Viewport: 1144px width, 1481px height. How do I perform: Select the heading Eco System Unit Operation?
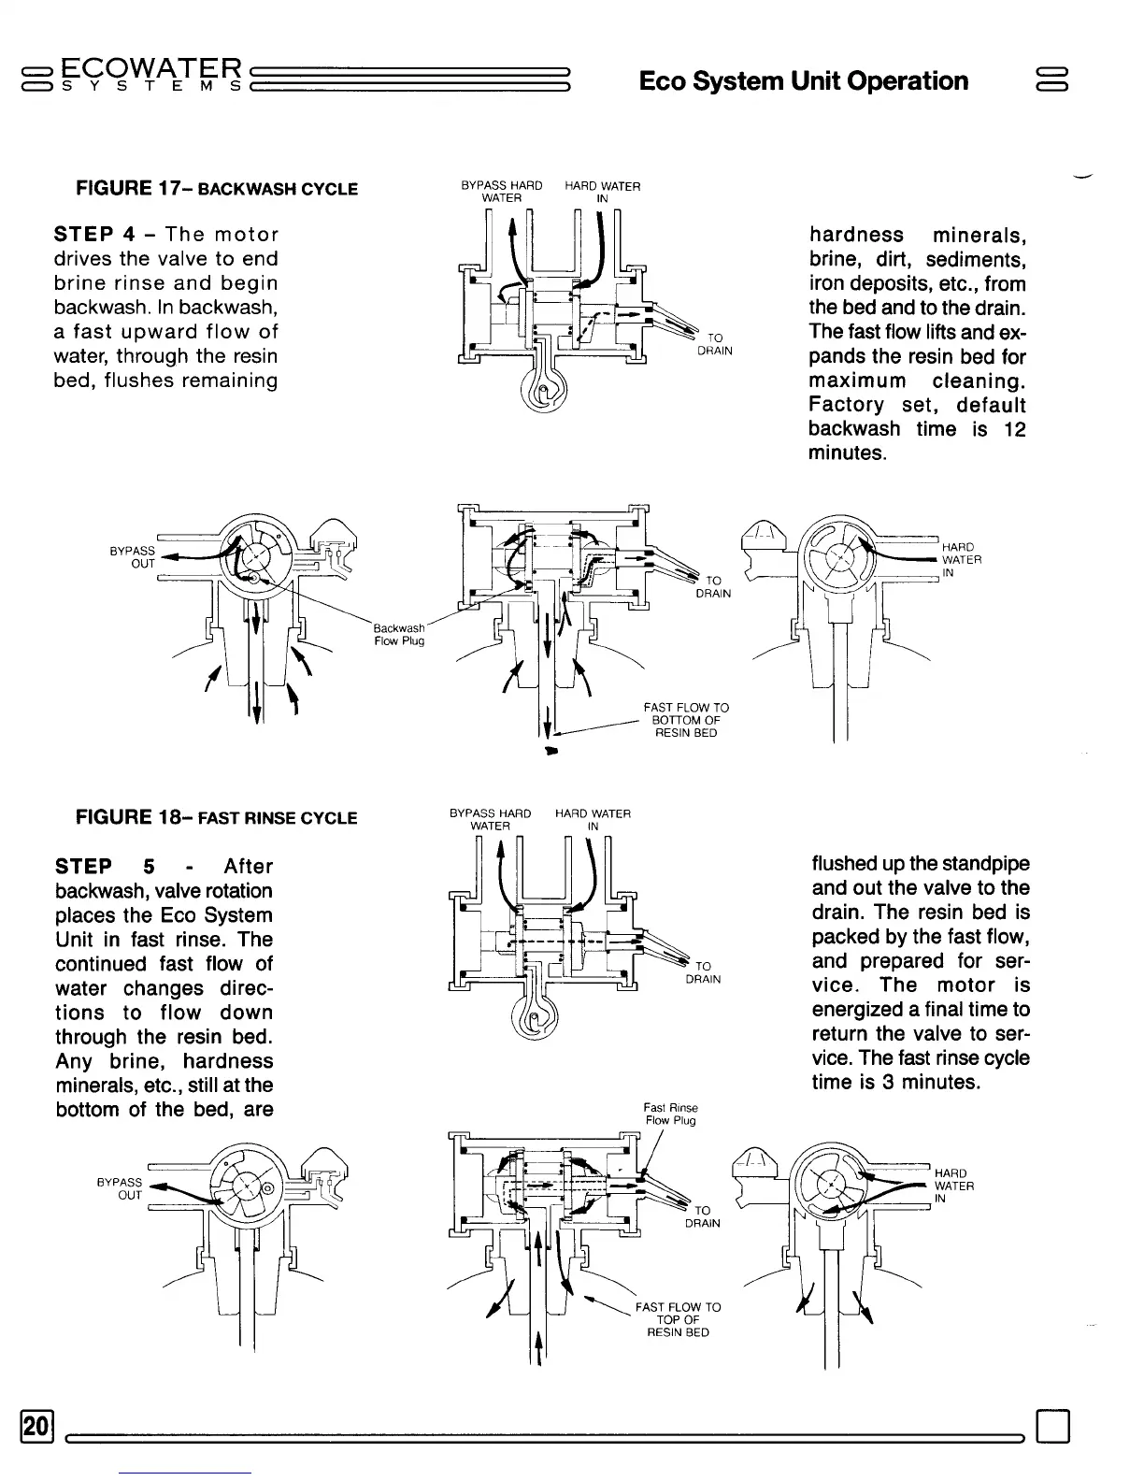(x=803, y=80)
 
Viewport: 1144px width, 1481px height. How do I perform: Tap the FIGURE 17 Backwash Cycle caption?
(x=216, y=188)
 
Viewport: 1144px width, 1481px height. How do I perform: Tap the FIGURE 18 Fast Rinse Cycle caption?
(x=216, y=818)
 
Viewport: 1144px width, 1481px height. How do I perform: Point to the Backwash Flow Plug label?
(x=399, y=634)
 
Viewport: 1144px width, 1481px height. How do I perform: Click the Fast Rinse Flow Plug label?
(x=671, y=1114)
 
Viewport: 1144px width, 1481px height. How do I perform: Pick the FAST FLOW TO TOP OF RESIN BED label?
(x=678, y=1319)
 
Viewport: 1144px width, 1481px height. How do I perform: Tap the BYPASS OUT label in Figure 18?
(x=120, y=1188)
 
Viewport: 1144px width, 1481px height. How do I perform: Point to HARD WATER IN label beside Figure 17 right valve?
(x=961, y=560)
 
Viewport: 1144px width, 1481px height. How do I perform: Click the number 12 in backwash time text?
(x=1013, y=429)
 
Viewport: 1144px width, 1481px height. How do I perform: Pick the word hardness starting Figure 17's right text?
(x=856, y=235)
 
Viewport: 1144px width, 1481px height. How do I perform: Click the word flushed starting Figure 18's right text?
(x=845, y=863)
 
